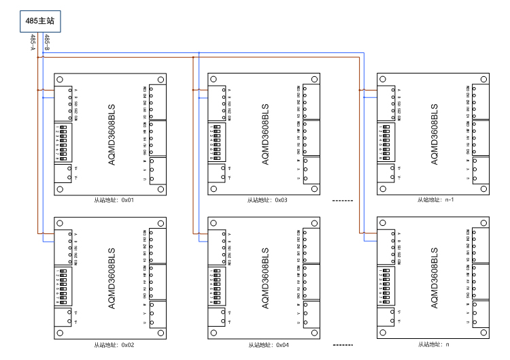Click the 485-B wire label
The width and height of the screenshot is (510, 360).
pos(46,42)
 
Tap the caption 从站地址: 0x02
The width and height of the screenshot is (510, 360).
pos(115,345)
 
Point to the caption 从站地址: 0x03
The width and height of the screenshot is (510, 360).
pos(267,201)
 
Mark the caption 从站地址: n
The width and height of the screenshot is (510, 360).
pos(433,345)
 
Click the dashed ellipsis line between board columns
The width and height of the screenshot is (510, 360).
pos(343,201)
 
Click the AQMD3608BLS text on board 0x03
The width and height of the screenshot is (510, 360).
pos(265,135)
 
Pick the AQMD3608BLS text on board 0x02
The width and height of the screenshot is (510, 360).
pos(113,279)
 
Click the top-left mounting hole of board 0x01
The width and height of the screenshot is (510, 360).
pos(60,79)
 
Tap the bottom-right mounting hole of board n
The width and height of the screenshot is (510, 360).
pos(483,333)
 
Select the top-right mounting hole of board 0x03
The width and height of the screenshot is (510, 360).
pos(314,79)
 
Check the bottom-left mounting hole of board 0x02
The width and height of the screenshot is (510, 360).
pos(60,333)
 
